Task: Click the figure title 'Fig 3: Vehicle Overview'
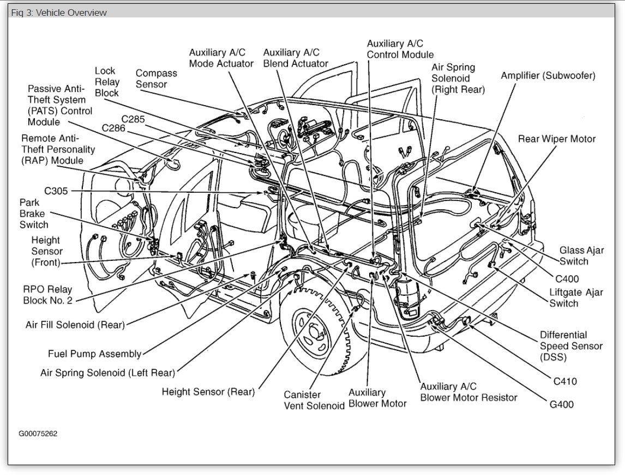click(59, 12)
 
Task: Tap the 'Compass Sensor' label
click(156, 78)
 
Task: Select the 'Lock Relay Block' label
click(107, 82)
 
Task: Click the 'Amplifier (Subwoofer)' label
click(548, 76)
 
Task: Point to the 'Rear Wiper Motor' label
click(556, 139)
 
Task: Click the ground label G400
click(562, 405)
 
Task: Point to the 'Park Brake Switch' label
click(34, 213)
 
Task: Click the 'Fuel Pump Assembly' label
click(95, 354)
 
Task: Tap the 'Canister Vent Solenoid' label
click(314, 400)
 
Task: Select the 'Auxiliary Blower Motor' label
click(377, 398)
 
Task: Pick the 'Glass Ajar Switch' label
click(582, 256)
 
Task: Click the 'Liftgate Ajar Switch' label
click(576, 298)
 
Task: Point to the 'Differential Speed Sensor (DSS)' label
click(570, 346)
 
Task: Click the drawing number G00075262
click(38, 434)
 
